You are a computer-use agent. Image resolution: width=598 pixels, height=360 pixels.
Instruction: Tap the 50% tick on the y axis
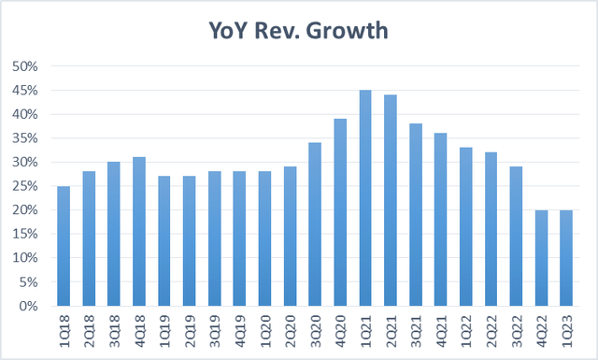pos(25,66)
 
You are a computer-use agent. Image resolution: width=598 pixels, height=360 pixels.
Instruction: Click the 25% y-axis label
pos(25,186)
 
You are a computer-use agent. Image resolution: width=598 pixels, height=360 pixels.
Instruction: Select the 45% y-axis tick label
pos(25,91)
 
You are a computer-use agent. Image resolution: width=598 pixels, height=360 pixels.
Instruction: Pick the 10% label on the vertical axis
pos(25,258)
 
